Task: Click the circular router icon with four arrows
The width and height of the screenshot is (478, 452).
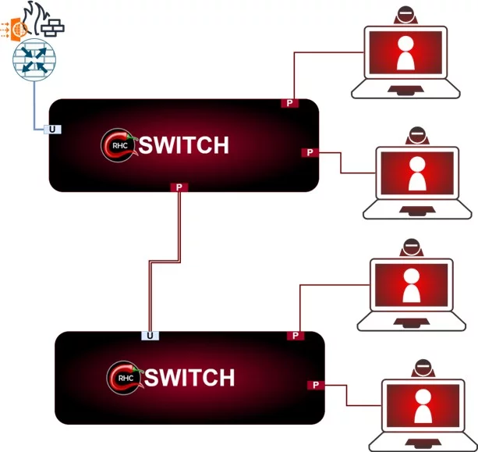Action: pyautogui.click(x=35, y=62)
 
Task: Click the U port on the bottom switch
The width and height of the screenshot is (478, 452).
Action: pyautogui.click(x=150, y=336)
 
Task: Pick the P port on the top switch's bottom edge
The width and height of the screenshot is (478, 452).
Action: pyautogui.click(x=179, y=187)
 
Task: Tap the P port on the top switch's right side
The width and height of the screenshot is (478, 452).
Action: pyautogui.click(x=310, y=151)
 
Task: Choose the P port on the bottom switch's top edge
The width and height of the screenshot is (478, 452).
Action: pyautogui.click(x=296, y=336)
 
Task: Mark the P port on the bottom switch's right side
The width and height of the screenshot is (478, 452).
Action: pyautogui.click(x=316, y=384)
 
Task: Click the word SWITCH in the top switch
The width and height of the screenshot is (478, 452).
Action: pyautogui.click(x=184, y=145)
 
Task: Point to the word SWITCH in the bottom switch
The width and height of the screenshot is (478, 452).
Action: pyautogui.click(x=189, y=378)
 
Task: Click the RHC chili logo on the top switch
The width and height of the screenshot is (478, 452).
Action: pyautogui.click(x=118, y=144)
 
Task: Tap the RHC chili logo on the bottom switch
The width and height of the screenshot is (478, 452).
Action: pyautogui.click(x=122, y=377)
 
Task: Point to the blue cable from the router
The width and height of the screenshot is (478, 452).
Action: pyautogui.click(x=35, y=109)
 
